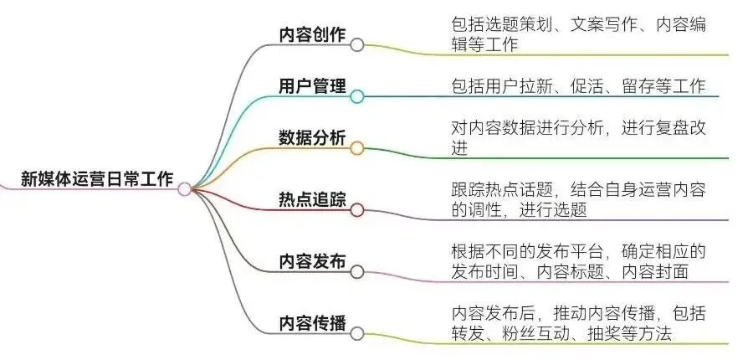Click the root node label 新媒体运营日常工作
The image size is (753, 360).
[x=96, y=179]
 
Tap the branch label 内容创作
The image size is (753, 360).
[x=312, y=34]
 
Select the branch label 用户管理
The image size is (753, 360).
[x=312, y=86]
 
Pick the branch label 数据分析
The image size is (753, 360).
[x=312, y=138]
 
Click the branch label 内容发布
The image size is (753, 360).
[x=312, y=260]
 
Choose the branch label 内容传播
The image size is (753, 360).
[x=312, y=322]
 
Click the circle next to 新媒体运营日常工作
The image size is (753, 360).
[x=185, y=189]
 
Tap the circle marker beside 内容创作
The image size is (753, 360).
[x=357, y=44]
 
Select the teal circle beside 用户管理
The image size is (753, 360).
[x=357, y=96]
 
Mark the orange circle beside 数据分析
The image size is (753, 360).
[x=357, y=148]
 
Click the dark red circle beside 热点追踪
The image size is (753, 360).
[x=357, y=211]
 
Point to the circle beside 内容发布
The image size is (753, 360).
[x=357, y=271]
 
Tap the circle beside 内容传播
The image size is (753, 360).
[x=357, y=333]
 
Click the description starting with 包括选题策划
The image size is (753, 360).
[x=578, y=34]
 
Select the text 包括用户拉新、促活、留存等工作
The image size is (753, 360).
[x=578, y=86]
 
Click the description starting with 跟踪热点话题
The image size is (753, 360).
[x=578, y=199]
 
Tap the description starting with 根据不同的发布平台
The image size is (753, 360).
[x=578, y=261]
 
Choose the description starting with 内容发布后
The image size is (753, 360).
[x=578, y=323]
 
